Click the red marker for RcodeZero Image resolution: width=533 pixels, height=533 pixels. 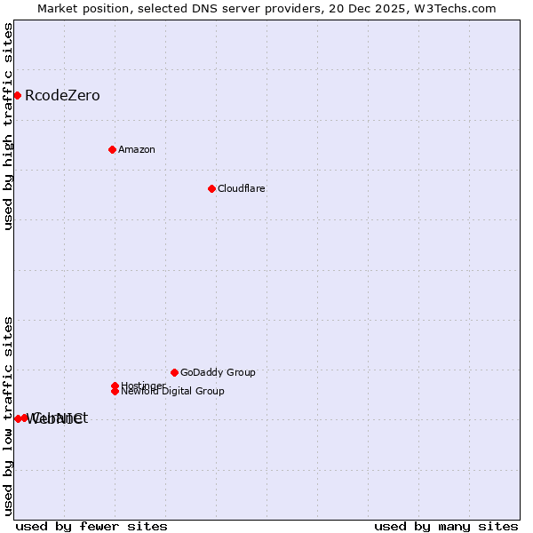(x=17, y=95)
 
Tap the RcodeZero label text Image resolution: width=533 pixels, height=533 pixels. (x=62, y=96)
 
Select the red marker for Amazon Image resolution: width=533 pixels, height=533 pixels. (x=112, y=149)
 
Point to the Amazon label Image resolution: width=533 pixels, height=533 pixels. (x=137, y=149)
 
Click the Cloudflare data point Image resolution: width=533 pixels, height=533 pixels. (x=211, y=188)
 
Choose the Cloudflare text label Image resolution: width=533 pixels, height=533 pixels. (x=242, y=188)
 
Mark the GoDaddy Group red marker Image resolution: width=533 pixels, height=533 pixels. (x=174, y=372)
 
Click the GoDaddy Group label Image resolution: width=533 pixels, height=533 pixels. (x=218, y=372)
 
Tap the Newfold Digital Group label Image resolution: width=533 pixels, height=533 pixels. (x=173, y=392)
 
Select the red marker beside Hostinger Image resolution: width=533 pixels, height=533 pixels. (x=115, y=386)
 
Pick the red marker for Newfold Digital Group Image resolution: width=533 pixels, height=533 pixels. (x=115, y=391)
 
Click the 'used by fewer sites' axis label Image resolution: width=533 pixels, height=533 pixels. (x=91, y=527)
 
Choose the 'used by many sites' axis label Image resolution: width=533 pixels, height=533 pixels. (x=446, y=527)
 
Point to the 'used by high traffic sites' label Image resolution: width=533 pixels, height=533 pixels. (x=8, y=126)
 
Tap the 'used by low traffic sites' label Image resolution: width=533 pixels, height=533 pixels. (x=8, y=417)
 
